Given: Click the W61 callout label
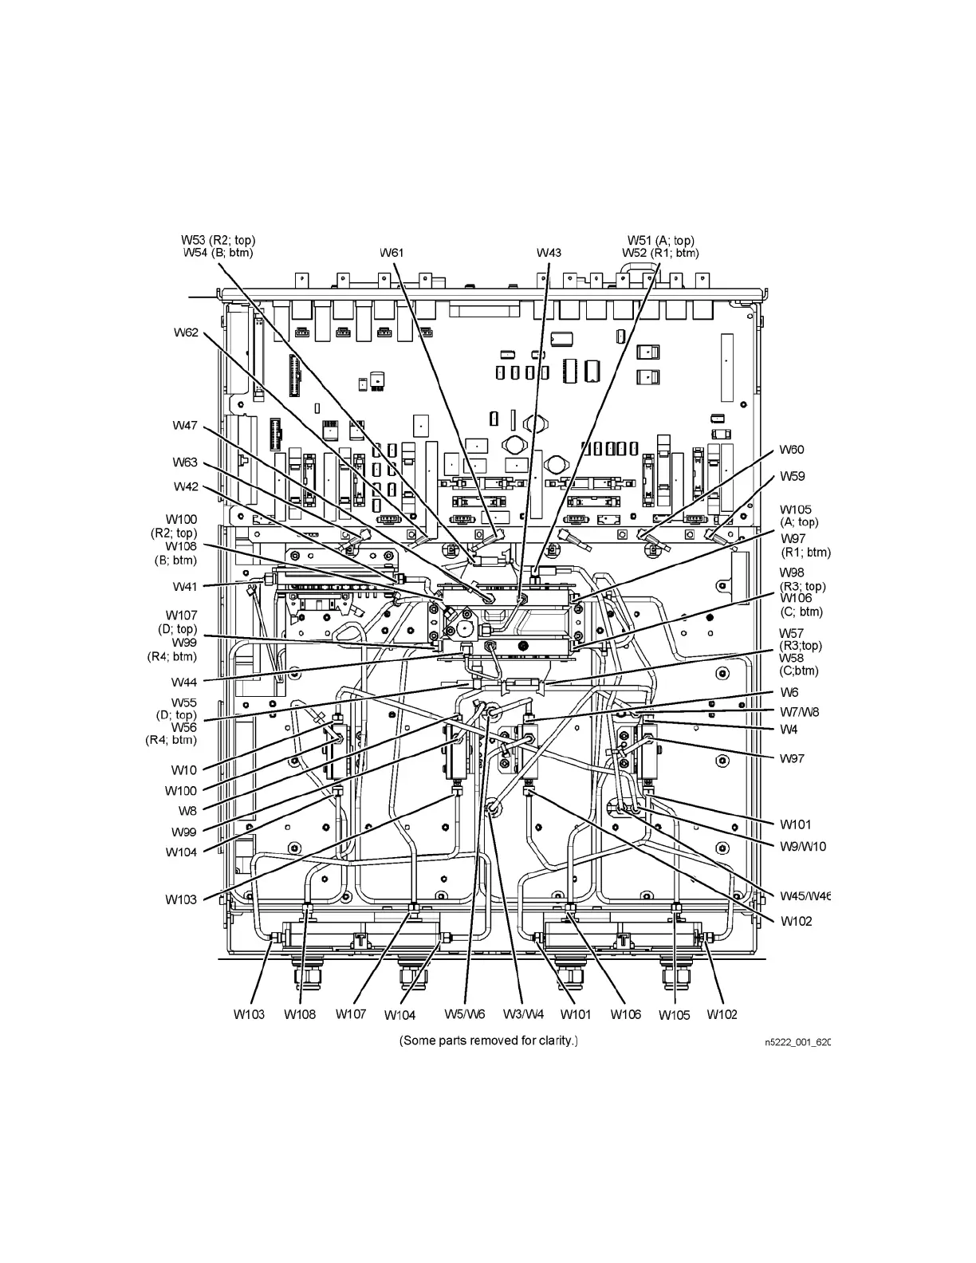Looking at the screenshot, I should (392, 253).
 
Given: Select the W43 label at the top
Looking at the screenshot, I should (549, 253).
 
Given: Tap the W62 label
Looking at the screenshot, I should (186, 332).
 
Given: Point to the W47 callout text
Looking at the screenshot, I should (185, 426).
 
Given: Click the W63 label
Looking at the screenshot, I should (185, 462).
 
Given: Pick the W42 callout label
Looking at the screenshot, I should (186, 486).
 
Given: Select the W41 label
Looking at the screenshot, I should (185, 587).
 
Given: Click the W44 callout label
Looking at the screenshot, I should (184, 682).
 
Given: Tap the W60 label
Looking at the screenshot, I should (792, 450).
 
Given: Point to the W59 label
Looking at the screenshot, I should (792, 476).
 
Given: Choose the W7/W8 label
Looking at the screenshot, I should (799, 711).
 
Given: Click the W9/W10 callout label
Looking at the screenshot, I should (803, 846).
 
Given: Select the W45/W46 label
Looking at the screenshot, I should (805, 895).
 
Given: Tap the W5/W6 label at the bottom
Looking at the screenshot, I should (464, 1014).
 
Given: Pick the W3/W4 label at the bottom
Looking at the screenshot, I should (523, 1014).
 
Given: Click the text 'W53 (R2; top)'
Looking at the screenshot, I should (218, 240).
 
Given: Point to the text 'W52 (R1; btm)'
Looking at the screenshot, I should (660, 253).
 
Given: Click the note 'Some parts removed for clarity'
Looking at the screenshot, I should (488, 1041).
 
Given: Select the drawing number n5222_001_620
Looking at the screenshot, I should (797, 1042).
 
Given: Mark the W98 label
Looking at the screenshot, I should (792, 572).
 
